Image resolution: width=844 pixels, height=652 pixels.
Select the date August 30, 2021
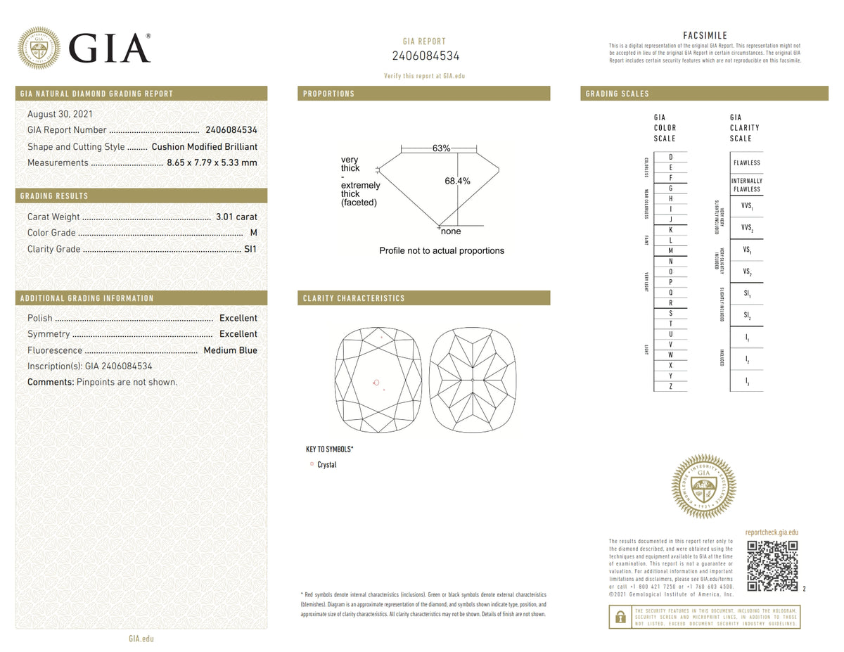click(60, 114)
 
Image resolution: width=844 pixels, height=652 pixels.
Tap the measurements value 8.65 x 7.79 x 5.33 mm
click(212, 162)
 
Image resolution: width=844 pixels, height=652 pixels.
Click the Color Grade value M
click(253, 233)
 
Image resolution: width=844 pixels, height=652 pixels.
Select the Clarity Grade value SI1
click(250, 249)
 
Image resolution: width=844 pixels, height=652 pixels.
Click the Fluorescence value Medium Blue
click(230, 350)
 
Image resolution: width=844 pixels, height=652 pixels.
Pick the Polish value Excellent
click(238, 318)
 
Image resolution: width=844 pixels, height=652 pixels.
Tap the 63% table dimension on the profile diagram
click(441, 148)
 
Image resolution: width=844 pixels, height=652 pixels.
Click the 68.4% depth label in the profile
click(457, 181)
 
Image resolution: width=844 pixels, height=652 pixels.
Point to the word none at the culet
click(451, 231)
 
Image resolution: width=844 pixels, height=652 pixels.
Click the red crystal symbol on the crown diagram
click(376, 383)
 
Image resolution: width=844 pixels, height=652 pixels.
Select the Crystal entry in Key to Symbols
click(326, 465)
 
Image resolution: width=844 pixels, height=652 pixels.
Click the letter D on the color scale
click(671, 157)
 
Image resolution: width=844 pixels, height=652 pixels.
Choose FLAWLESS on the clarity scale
click(746, 162)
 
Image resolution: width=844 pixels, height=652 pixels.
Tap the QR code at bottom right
click(772, 565)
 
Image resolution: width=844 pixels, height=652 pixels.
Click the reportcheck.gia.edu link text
click(772, 533)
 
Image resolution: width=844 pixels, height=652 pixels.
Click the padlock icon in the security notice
click(620, 617)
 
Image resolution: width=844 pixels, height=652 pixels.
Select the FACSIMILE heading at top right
click(705, 36)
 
